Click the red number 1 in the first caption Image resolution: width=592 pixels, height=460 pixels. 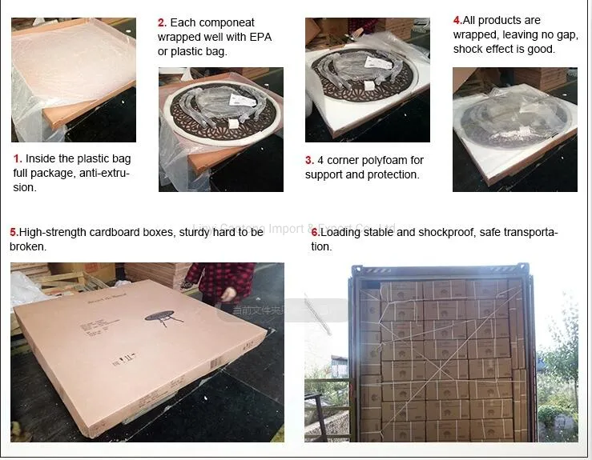click(18, 159)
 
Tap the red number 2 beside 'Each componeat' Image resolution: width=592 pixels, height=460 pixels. click(162, 23)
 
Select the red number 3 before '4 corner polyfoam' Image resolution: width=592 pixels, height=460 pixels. click(309, 161)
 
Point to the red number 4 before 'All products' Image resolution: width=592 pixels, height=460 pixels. click(457, 20)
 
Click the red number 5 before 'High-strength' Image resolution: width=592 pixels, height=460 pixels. click(14, 232)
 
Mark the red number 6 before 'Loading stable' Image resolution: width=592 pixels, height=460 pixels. click(316, 232)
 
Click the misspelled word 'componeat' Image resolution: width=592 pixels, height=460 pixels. click(227, 23)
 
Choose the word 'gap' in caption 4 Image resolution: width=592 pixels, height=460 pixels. click(564, 34)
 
